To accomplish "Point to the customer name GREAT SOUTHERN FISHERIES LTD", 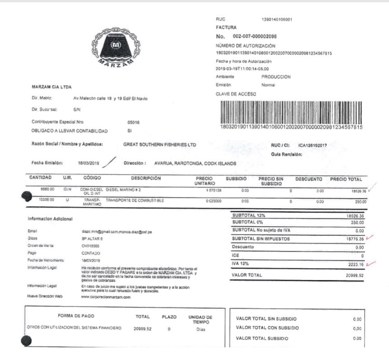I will tap(160, 145).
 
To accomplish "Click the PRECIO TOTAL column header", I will tap(349, 179).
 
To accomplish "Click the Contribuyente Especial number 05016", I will tap(134, 122).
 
